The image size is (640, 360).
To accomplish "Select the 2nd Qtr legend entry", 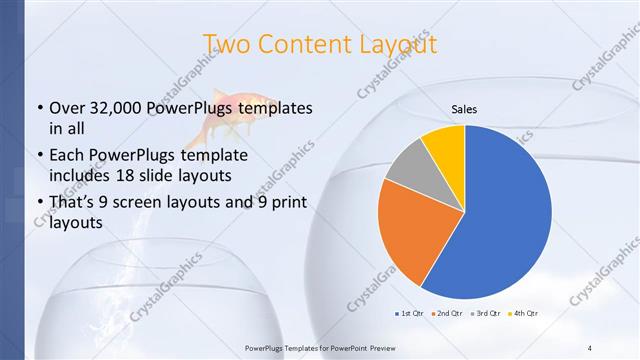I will [447, 314].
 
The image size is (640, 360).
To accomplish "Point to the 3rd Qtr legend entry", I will [486, 314].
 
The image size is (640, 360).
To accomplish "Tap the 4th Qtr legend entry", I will [525, 314].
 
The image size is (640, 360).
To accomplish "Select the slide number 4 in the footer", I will [589, 347].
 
